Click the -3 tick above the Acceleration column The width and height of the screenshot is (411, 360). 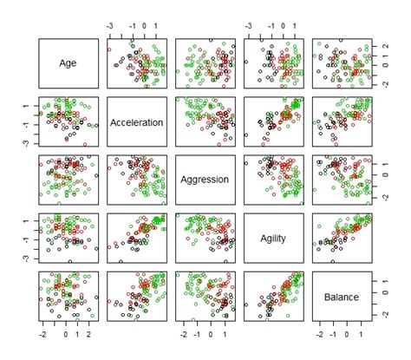tap(108, 26)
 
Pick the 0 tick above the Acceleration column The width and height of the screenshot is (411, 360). tap(144, 26)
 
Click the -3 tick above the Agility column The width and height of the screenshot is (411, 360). tap(249, 26)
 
